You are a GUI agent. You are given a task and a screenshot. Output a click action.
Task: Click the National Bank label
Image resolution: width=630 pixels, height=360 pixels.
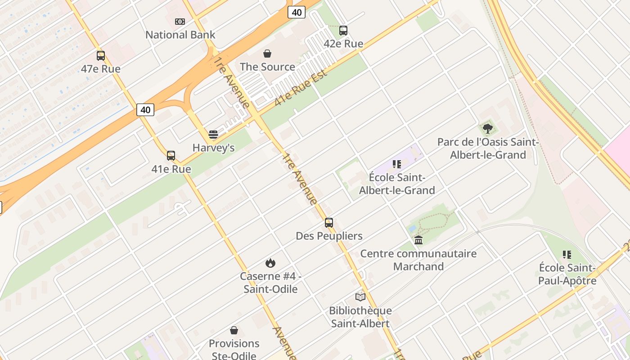(180, 35)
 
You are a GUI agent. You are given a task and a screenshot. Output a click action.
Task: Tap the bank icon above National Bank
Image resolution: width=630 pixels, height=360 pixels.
(180, 21)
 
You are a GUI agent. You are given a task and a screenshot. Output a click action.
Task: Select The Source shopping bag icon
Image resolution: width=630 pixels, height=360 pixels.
(267, 54)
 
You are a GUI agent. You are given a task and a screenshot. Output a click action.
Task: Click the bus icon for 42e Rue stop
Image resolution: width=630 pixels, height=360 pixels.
(343, 31)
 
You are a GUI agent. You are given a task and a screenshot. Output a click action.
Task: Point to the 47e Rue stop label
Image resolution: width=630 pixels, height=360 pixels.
(101, 69)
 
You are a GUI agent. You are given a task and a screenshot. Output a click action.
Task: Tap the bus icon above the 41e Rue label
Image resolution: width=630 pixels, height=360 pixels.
(171, 156)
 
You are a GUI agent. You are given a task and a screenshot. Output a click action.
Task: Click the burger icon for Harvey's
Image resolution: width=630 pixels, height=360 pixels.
(213, 135)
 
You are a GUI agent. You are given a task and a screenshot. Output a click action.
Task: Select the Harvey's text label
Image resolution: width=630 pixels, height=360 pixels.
(213, 148)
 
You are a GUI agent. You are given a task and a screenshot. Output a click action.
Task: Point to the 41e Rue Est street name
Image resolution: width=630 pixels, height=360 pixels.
(300, 88)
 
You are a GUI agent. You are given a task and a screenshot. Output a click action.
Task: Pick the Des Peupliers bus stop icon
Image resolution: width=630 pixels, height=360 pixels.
(329, 223)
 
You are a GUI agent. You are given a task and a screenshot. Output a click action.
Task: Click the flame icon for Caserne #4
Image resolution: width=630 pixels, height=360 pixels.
(270, 263)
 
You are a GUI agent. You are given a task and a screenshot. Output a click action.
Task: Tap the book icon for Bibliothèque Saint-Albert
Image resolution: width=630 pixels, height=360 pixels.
(360, 297)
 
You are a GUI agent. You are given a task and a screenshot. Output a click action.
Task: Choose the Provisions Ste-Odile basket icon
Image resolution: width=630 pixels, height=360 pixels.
(234, 330)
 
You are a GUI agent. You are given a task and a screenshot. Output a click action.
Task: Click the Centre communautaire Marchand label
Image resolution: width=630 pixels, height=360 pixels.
(418, 260)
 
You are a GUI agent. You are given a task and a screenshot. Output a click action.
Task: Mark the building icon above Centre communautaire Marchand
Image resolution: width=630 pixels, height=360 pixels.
(418, 240)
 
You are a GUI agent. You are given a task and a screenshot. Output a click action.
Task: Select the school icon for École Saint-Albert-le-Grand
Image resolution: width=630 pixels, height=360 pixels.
(396, 164)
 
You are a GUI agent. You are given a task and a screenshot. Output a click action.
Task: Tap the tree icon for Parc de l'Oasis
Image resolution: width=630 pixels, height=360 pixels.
(488, 129)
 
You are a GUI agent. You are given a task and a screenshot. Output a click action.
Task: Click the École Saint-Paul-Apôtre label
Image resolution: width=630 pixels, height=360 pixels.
(567, 274)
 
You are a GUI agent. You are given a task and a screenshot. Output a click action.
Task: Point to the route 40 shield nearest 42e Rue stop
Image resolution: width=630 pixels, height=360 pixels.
(297, 12)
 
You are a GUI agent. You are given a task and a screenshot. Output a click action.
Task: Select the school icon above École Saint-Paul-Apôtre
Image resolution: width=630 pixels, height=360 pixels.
(567, 255)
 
